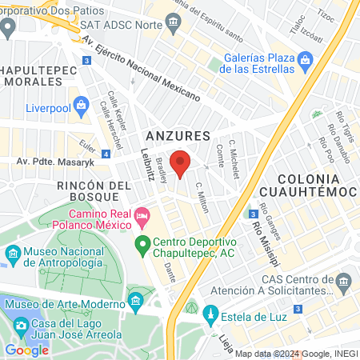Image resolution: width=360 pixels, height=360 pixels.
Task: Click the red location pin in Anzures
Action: pyautogui.click(x=180, y=162)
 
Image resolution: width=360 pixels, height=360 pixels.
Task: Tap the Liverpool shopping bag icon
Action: pyautogui.click(x=81, y=104)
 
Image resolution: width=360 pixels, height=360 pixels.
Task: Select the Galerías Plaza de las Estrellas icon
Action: pyautogui.click(x=305, y=60)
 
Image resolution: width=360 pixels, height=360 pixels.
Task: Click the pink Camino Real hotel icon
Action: pyautogui.click(x=142, y=215)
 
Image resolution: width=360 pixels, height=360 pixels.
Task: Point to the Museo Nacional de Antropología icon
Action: pyautogui.click(x=14, y=256)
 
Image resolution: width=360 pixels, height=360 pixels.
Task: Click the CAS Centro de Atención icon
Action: pyautogui.click(x=344, y=282)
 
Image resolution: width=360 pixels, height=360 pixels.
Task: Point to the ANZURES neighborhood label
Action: pyautogui.click(x=178, y=135)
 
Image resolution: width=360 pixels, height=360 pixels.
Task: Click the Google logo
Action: pyautogui.click(x=26, y=350)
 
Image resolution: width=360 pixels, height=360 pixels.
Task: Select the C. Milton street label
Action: pyautogui.click(x=203, y=196)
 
